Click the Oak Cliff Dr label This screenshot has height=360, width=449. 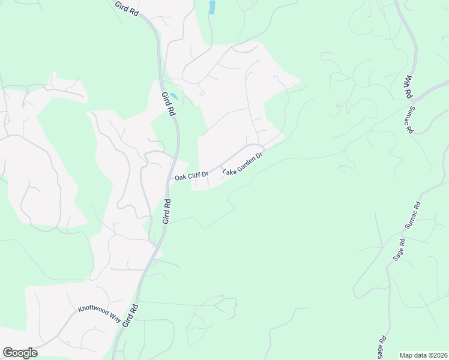[191, 176]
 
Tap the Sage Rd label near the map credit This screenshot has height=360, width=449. [382, 347]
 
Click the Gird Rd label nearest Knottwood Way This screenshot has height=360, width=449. [130, 315]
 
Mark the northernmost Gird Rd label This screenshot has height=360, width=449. [127, 8]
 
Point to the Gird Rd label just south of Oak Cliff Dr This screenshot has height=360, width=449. [167, 212]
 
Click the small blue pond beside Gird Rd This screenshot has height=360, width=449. [173, 96]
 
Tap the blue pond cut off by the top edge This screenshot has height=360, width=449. [212, 7]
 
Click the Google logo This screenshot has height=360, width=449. [20, 353]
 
